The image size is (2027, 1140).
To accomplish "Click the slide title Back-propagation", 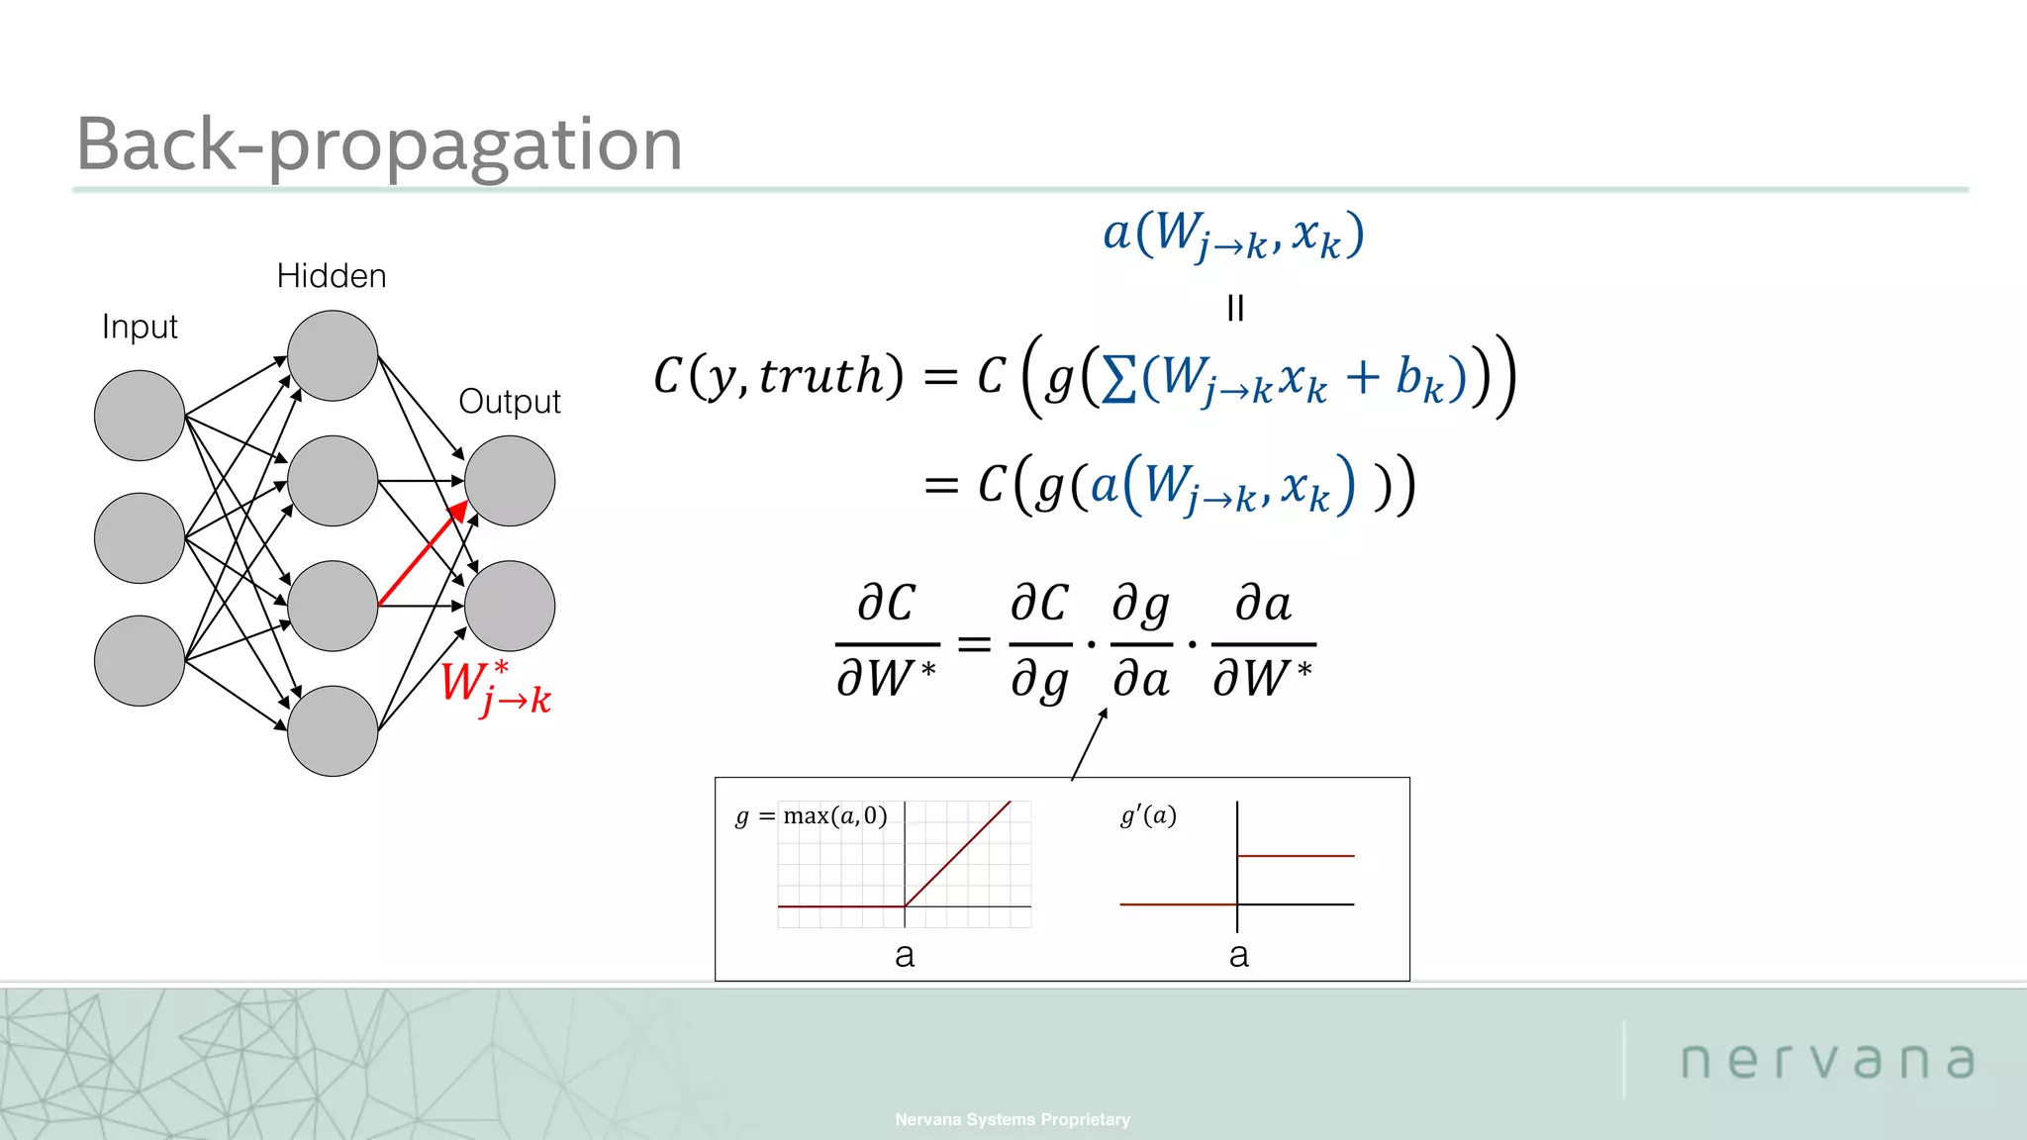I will point(379,144).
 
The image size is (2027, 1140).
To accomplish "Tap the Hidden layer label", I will point(332,276).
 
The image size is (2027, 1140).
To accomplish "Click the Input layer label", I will point(140,327).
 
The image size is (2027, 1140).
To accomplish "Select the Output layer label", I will point(510,402).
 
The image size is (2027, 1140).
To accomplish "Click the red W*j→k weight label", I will point(495,687).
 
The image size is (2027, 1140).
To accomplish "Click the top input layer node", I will point(140,416).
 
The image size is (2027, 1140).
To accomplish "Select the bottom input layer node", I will point(140,661).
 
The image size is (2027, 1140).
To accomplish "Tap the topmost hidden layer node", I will point(333,356).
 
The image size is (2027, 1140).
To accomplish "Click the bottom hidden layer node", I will point(333,731).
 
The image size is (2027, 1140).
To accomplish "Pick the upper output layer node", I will point(510,481).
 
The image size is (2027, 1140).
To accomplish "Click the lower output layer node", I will point(510,606).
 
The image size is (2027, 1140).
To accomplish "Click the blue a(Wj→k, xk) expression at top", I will point(1234,236).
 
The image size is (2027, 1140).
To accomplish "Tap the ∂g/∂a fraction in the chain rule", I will point(1141,643).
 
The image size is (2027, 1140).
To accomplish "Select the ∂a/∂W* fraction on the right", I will point(1263,643).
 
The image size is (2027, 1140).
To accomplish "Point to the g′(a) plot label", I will point(1148,816).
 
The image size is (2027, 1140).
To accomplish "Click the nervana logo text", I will point(1828,1060).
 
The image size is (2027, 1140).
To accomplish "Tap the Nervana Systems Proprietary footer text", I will point(1013,1119).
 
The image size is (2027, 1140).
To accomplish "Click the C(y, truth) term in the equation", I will point(778,376).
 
